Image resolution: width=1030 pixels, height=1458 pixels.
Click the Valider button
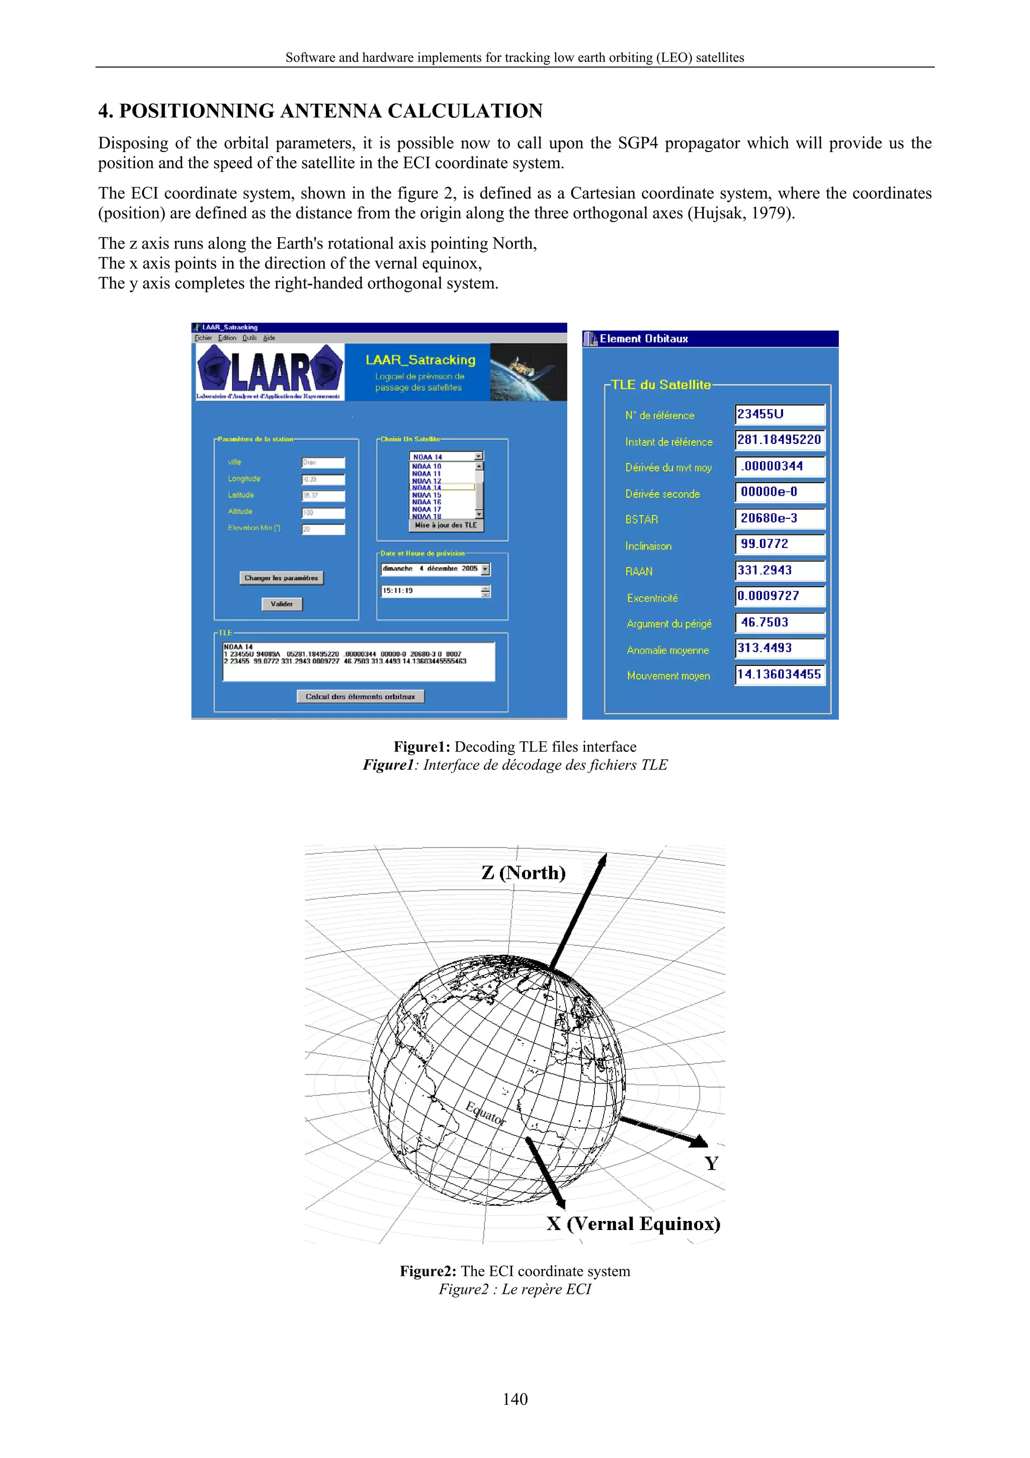(282, 604)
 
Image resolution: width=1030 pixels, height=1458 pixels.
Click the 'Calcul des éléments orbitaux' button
(361, 697)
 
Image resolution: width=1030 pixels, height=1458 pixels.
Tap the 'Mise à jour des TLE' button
(446, 525)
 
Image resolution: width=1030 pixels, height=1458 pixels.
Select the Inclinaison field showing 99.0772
(780, 544)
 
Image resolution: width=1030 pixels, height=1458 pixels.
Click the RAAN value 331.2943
(780, 570)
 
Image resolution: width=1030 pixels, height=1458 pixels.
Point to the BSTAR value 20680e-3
(780, 518)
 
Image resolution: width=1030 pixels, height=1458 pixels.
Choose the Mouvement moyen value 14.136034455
(780, 674)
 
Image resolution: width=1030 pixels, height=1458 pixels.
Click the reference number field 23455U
(780, 414)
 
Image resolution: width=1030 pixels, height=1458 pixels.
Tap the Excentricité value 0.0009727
(780, 596)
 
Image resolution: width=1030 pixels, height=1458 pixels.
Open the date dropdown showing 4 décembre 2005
(485, 570)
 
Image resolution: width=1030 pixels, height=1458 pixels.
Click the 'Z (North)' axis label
(523, 873)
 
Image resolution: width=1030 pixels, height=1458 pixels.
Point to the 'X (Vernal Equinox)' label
(633, 1223)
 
